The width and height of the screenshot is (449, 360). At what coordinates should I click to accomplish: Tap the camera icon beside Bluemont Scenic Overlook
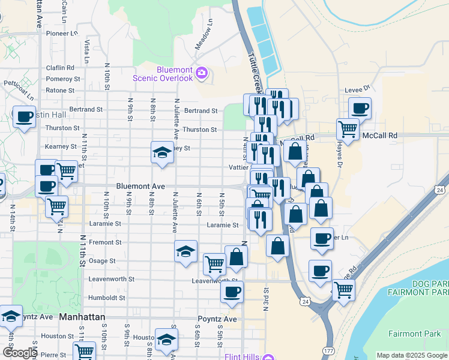pos(201,74)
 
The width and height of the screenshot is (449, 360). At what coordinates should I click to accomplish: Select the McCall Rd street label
pos(381,136)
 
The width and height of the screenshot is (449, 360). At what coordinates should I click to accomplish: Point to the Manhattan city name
pos(82,316)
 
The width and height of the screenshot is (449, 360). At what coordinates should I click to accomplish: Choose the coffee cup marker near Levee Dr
pos(360,109)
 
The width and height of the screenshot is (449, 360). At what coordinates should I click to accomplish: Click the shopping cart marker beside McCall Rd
pos(348,128)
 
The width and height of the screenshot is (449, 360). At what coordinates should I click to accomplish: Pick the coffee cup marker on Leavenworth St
pos(232,293)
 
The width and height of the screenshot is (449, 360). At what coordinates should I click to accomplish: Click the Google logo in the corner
pos(19,353)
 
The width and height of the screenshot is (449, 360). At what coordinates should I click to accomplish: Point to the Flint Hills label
pos(242,356)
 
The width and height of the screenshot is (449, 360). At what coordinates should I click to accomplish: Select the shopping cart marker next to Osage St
pos(214,263)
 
